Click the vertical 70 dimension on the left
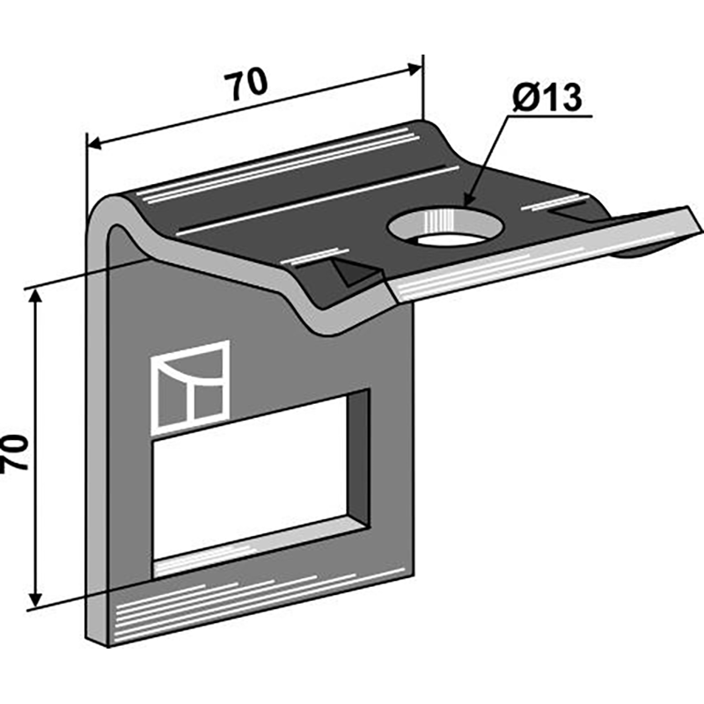(x=14, y=452)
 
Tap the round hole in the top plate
(x=445, y=227)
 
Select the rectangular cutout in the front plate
(x=260, y=484)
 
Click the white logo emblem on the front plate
(x=190, y=387)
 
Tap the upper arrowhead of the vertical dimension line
(x=35, y=299)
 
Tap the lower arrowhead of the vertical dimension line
(x=35, y=598)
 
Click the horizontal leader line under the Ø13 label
(x=550, y=116)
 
